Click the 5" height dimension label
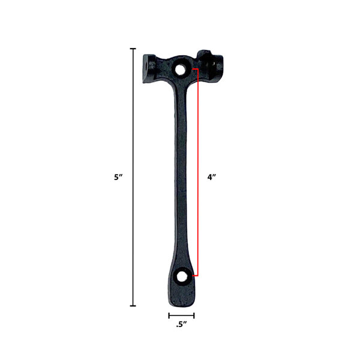click(x=118, y=177)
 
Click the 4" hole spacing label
click(x=212, y=177)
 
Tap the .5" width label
click(x=181, y=325)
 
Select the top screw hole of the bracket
click(x=181, y=69)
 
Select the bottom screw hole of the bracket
click(x=182, y=277)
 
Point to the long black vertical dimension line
click(x=133, y=177)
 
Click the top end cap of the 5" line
click(x=133, y=49)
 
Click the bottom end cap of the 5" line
click(x=133, y=306)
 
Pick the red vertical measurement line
click(x=197, y=172)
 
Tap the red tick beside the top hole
click(x=195, y=68)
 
